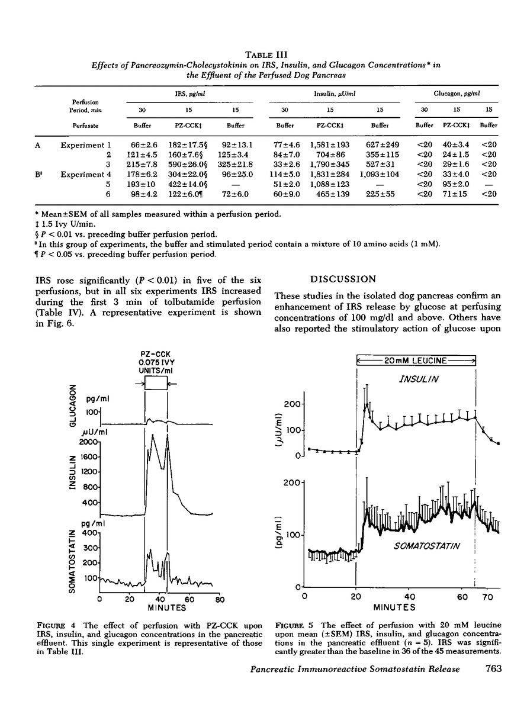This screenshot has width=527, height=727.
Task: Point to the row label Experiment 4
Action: click(86, 174)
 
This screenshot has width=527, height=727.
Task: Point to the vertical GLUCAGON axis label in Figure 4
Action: click(73, 407)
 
